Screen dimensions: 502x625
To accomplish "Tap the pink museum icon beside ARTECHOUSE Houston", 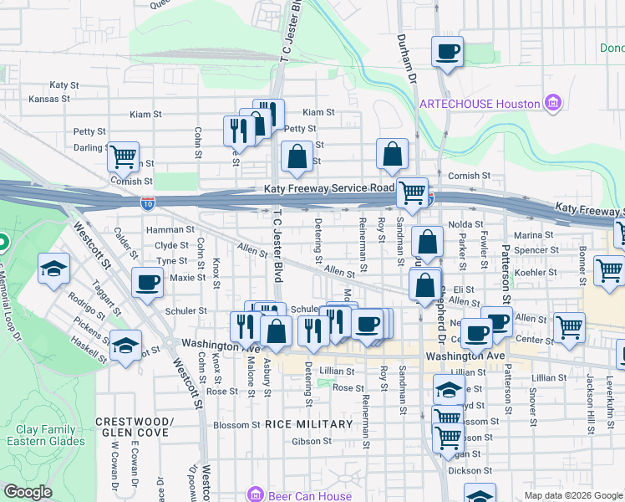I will coord(551,104).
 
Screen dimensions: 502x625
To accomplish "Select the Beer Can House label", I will coord(310,495).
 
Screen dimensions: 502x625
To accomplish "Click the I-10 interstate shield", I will coord(147,202).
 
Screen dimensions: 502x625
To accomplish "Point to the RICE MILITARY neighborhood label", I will coord(309,424).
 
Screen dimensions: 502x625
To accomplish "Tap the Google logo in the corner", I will coord(28,492).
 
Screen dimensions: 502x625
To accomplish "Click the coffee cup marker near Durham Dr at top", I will coord(447,52).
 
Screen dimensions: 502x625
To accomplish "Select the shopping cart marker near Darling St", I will coord(123,155).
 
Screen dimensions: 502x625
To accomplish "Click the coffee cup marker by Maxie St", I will coord(148,283).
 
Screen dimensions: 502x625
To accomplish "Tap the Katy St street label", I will coord(64,85).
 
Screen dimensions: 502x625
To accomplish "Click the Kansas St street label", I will coord(49,99).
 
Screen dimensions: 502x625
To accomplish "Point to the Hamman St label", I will coord(164,229).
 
